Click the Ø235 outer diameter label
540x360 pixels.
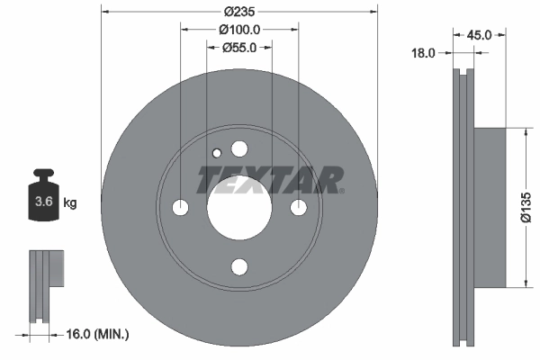click(238, 11)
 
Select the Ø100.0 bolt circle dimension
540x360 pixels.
click(238, 29)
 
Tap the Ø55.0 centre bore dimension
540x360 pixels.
click(238, 48)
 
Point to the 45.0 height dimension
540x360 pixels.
click(479, 35)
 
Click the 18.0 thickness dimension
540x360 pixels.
click(423, 53)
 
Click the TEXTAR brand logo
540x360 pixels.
click(270, 180)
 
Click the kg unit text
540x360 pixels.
click(69, 203)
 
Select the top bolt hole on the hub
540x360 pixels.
click(238, 148)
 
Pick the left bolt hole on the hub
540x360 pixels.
click(180, 207)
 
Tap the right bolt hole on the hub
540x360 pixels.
click(298, 207)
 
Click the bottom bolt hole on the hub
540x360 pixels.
click(238, 266)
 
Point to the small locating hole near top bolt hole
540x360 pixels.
click(216, 153)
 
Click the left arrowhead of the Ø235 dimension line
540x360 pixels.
click(105, 12)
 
